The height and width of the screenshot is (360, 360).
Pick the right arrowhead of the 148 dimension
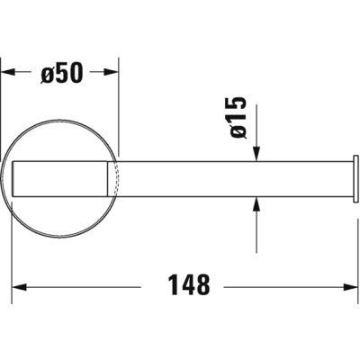coord(350,287)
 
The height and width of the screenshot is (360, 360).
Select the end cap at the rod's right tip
coord(355,178)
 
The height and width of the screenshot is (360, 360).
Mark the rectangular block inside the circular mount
coord(63,178)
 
